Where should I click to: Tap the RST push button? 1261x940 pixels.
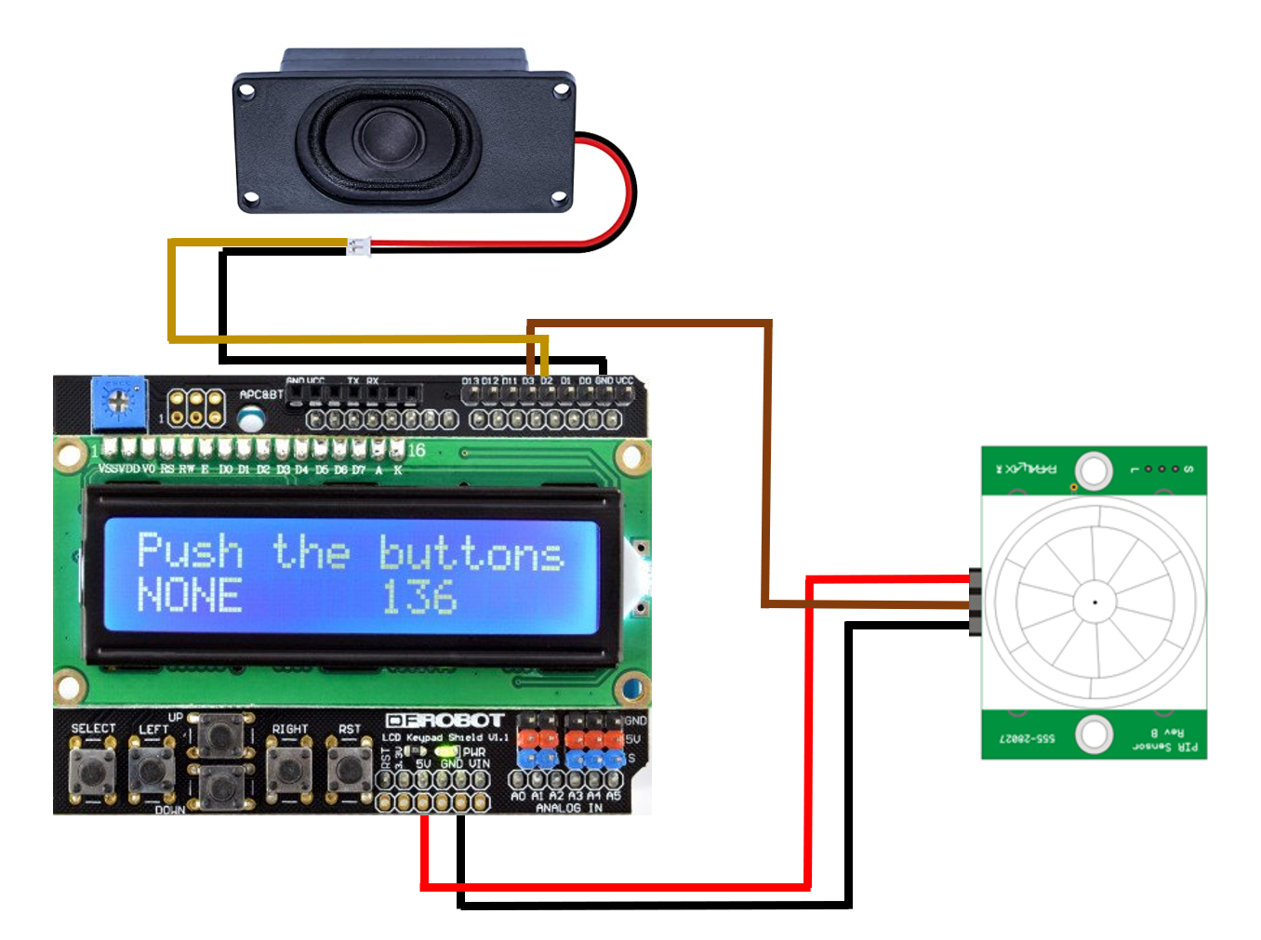tap(349, 769)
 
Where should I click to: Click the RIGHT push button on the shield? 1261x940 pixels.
tap(289, 769)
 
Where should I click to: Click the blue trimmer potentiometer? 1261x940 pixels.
tap(118, 402)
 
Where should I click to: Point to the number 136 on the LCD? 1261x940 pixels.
tap(419, 597)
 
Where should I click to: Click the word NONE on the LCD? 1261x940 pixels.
tap(190, 596)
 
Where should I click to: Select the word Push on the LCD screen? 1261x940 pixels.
tap(190, 550)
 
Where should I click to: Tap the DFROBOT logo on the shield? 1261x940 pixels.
tap(445, 721)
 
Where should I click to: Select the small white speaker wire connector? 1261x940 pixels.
tap(358, 246)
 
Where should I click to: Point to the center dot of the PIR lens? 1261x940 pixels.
tap(1095, 602)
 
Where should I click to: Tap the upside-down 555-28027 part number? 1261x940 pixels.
tap(1027, 739)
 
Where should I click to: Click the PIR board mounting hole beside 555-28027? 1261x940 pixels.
tap(1094, 735)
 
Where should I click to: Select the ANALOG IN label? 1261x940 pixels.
tap(568, 809)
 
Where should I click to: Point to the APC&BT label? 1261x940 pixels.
tap(260, 395)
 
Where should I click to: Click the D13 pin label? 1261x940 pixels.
tap(471, 381)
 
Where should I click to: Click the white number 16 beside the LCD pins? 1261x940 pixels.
tap(416, 451)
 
